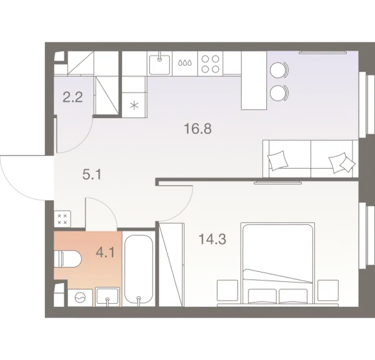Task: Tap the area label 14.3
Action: coord(211,239)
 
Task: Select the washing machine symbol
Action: coord(79,298)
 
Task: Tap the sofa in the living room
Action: coord(309,158)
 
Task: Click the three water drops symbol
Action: coord(186,62)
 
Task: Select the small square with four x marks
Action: coord(62,219)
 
